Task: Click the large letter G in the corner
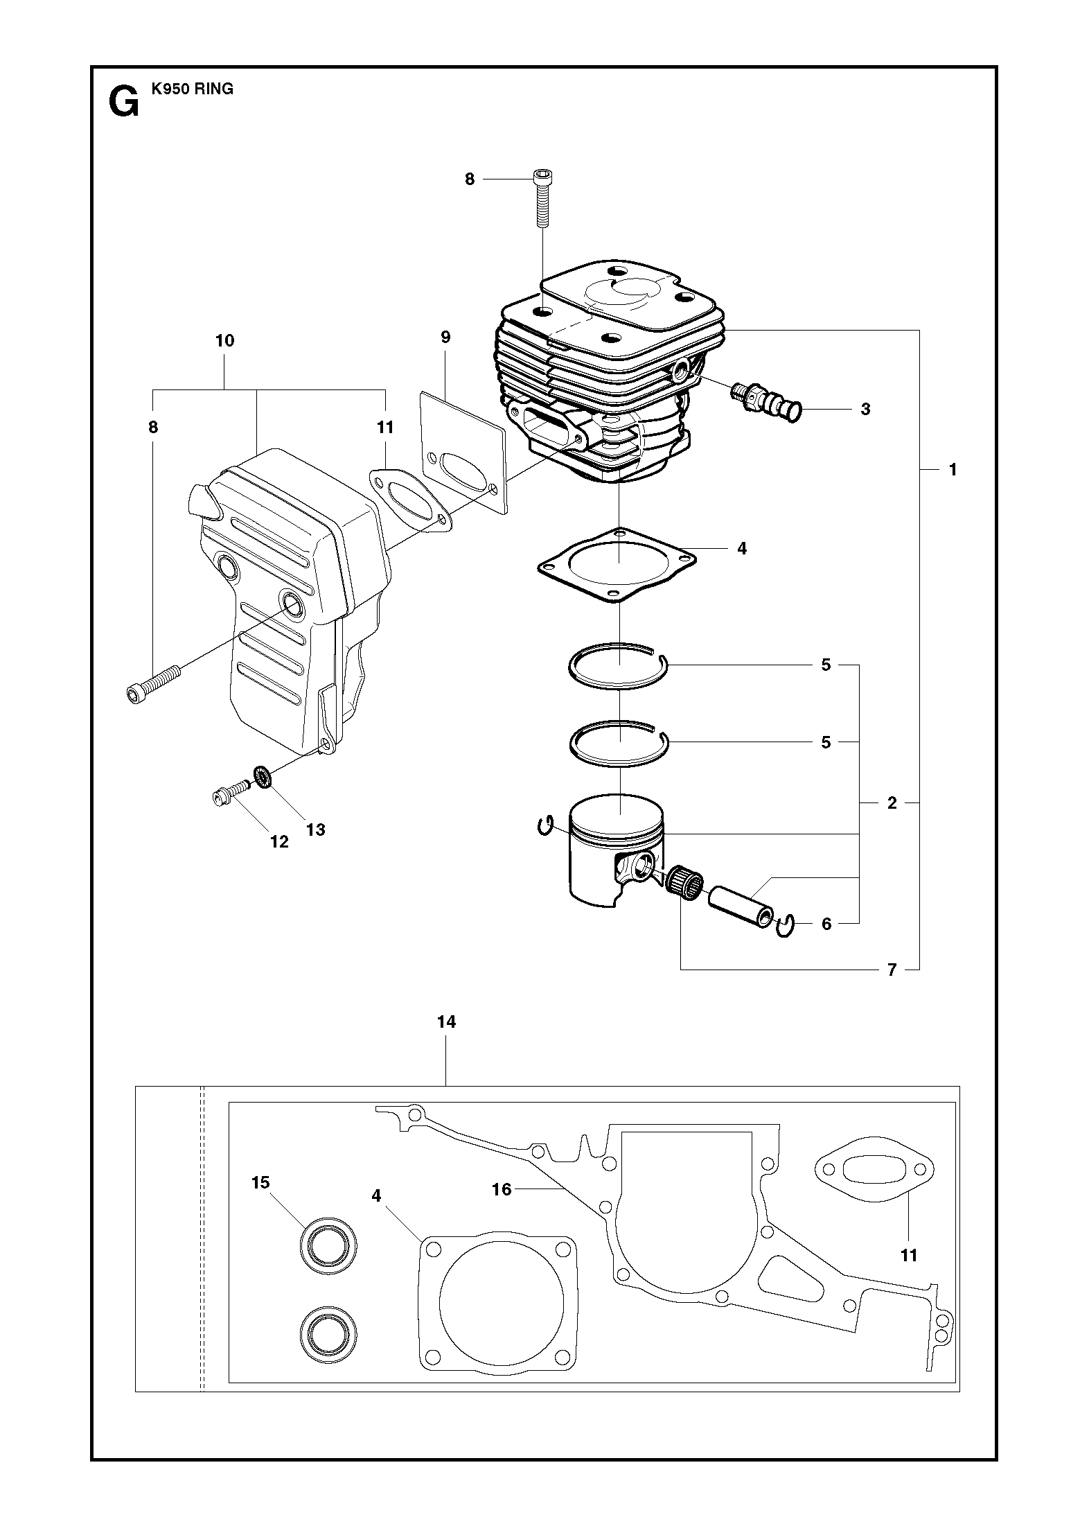click(x=123, y=103)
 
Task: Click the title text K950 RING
click(x=192, y=89)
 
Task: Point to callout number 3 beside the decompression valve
click(x=865, y=410)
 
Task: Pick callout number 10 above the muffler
click(x=225, y=341)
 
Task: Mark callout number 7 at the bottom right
click(x=892, y=969)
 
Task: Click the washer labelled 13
click(x=263, y=777)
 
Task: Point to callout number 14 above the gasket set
click(x=447, y=1021)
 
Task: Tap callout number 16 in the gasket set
click(x=501, y=1190)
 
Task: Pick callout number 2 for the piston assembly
click(x=892, y=803)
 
